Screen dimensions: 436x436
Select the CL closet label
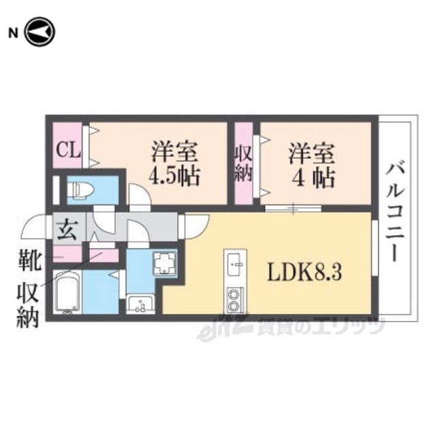coord(66,148)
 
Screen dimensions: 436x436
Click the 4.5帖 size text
coord(174,177)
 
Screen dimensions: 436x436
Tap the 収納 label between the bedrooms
coord(244,163)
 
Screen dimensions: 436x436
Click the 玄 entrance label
coord(67,229)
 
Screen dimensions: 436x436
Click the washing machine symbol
coord(164,263)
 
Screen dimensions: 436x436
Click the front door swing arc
coord(34,228)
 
